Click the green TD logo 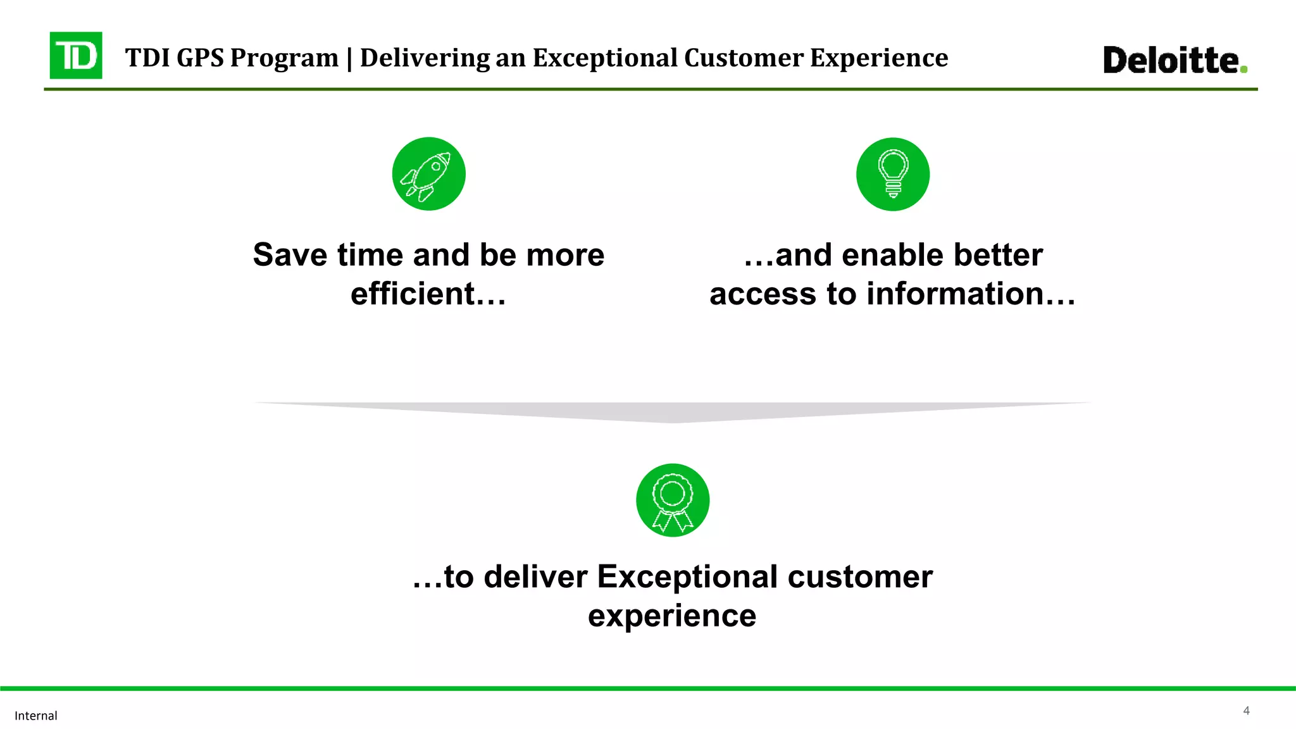pos(76,56)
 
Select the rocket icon pos(428,174)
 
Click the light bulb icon pos(892,174)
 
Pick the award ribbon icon pos(672,501)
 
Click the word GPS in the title pos(200,58)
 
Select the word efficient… pos(428,294)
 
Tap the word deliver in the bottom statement pos(535,577)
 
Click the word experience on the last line pos(672,616)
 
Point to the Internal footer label pos(36,716)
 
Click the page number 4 pos(1246,711)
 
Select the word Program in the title pos(284,58)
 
